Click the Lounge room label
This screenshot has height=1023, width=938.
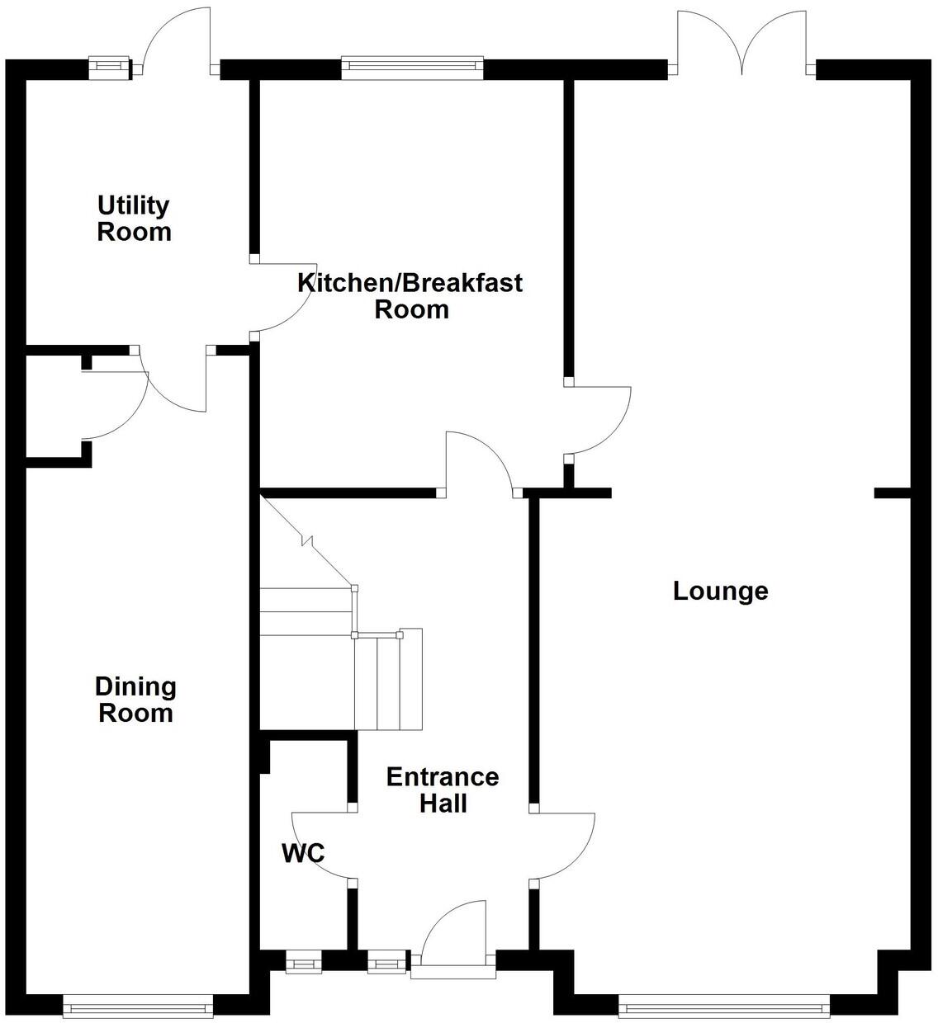click(x=720, y=591)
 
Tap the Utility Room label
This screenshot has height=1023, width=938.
click(x=134, y=218)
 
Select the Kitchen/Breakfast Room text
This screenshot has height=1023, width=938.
click(x=410, y=295)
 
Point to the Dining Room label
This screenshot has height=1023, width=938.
click(x=135, y=699)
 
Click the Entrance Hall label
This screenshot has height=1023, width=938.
click(x=443, y=790)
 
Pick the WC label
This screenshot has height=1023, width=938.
click(x=303, y=853)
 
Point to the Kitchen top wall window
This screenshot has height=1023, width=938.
click(x=412, y=68)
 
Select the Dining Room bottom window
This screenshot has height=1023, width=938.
click(x=138, y=1006)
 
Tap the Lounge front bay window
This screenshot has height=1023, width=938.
click(x=724, y=1006)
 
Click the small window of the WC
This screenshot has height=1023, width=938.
click(x=303, y=962)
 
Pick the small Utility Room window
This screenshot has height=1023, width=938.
click(x=110, y=68)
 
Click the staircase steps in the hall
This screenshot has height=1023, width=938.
click(x=363, y=660)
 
